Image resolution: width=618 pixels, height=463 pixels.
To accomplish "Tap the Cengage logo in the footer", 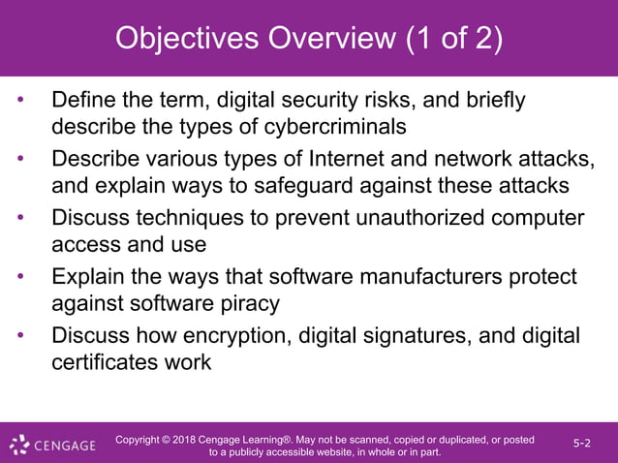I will click(53, 446).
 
